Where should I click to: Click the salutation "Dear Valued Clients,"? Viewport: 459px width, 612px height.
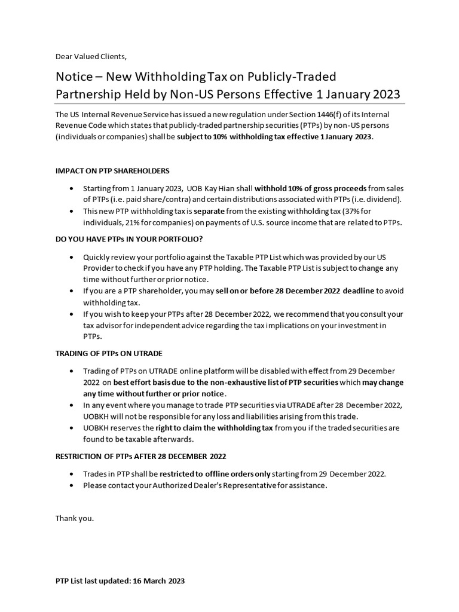point(91,57)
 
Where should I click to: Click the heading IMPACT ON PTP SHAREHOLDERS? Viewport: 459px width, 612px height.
point(112,170)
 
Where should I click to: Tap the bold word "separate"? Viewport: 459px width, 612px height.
point(211,212)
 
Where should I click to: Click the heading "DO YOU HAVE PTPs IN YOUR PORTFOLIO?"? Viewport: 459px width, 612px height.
point(129,239)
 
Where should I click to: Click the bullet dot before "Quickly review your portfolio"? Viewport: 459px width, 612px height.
point(73,257)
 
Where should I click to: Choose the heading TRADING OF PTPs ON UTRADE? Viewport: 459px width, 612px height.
point(109,354)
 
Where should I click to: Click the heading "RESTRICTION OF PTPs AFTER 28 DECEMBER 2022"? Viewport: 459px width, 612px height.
point(140,457)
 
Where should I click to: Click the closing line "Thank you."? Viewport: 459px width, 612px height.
point(75,518)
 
